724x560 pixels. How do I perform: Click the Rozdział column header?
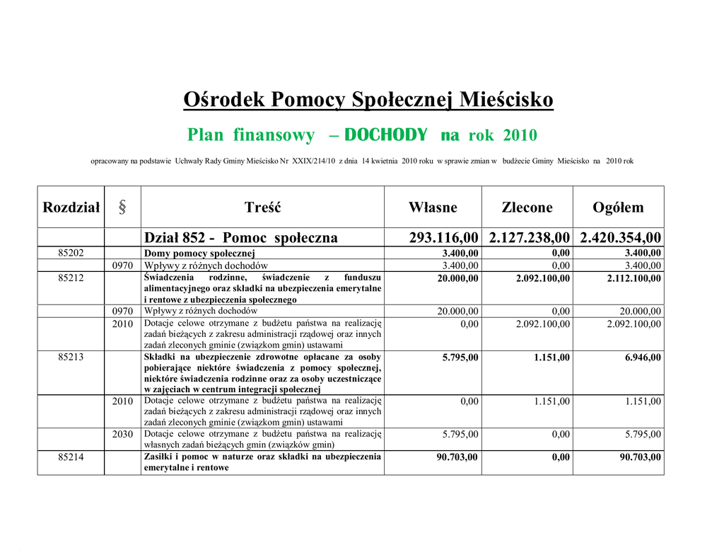pos(71,207)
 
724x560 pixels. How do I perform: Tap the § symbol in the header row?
pos(122,207)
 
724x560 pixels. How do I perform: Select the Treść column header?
pos(262,207)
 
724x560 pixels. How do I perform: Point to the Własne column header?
pos(433,207)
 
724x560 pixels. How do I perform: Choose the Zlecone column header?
pos(527,207)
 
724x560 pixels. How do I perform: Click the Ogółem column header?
pos(618,207)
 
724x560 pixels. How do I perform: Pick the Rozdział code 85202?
pos(71,253)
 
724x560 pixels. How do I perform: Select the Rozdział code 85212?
pos(71,278)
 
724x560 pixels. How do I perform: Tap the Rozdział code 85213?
pos(71,358)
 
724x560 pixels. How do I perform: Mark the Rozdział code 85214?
pos(71,457)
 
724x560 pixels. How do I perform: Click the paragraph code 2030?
pos(122,434)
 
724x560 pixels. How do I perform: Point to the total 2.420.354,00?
pos(621,238)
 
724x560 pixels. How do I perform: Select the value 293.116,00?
pos(444,238)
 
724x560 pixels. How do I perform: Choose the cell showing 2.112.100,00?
pos(634,278)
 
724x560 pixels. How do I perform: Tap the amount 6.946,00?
pos(643,358)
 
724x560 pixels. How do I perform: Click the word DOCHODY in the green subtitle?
pos(387,135)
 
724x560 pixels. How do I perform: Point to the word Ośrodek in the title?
pos(224,100)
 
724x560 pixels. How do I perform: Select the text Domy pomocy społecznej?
pos(199,253)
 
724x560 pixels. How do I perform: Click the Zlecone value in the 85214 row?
pos(561,457)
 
